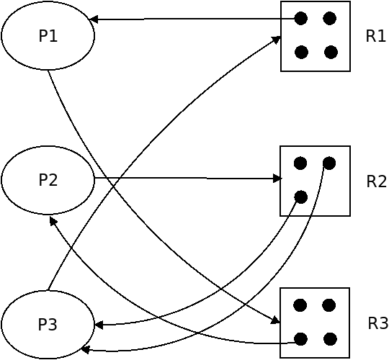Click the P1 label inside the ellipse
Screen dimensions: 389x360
coord(48,36)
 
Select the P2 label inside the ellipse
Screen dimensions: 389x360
coord(48,180)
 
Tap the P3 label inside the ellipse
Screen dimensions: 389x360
coord(48,324)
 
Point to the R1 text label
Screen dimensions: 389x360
coord(376,36)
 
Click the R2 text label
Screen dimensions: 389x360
coord(376,181)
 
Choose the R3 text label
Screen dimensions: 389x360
coord(378,323)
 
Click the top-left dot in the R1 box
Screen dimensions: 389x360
coord(301,18)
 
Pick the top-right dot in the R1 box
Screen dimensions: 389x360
coord(330,18)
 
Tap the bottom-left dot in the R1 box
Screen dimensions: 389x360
coord(301,52)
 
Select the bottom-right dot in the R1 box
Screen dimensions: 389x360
coord(331,52)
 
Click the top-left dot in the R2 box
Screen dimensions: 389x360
coord(300,163)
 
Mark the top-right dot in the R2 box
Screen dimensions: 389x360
coord(329,163)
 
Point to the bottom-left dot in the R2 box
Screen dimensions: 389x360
coord(301,197)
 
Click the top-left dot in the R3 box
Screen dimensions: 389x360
coord(300,305)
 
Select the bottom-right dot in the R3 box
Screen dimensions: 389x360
coord(330,339)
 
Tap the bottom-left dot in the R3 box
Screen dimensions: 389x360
coord(301,339)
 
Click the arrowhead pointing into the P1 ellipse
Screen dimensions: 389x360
coord(93,19)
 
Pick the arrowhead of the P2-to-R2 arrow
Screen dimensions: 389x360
coord(277,179)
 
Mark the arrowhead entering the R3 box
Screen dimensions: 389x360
coord(275,320)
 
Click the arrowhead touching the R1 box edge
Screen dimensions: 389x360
coord(276,40)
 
